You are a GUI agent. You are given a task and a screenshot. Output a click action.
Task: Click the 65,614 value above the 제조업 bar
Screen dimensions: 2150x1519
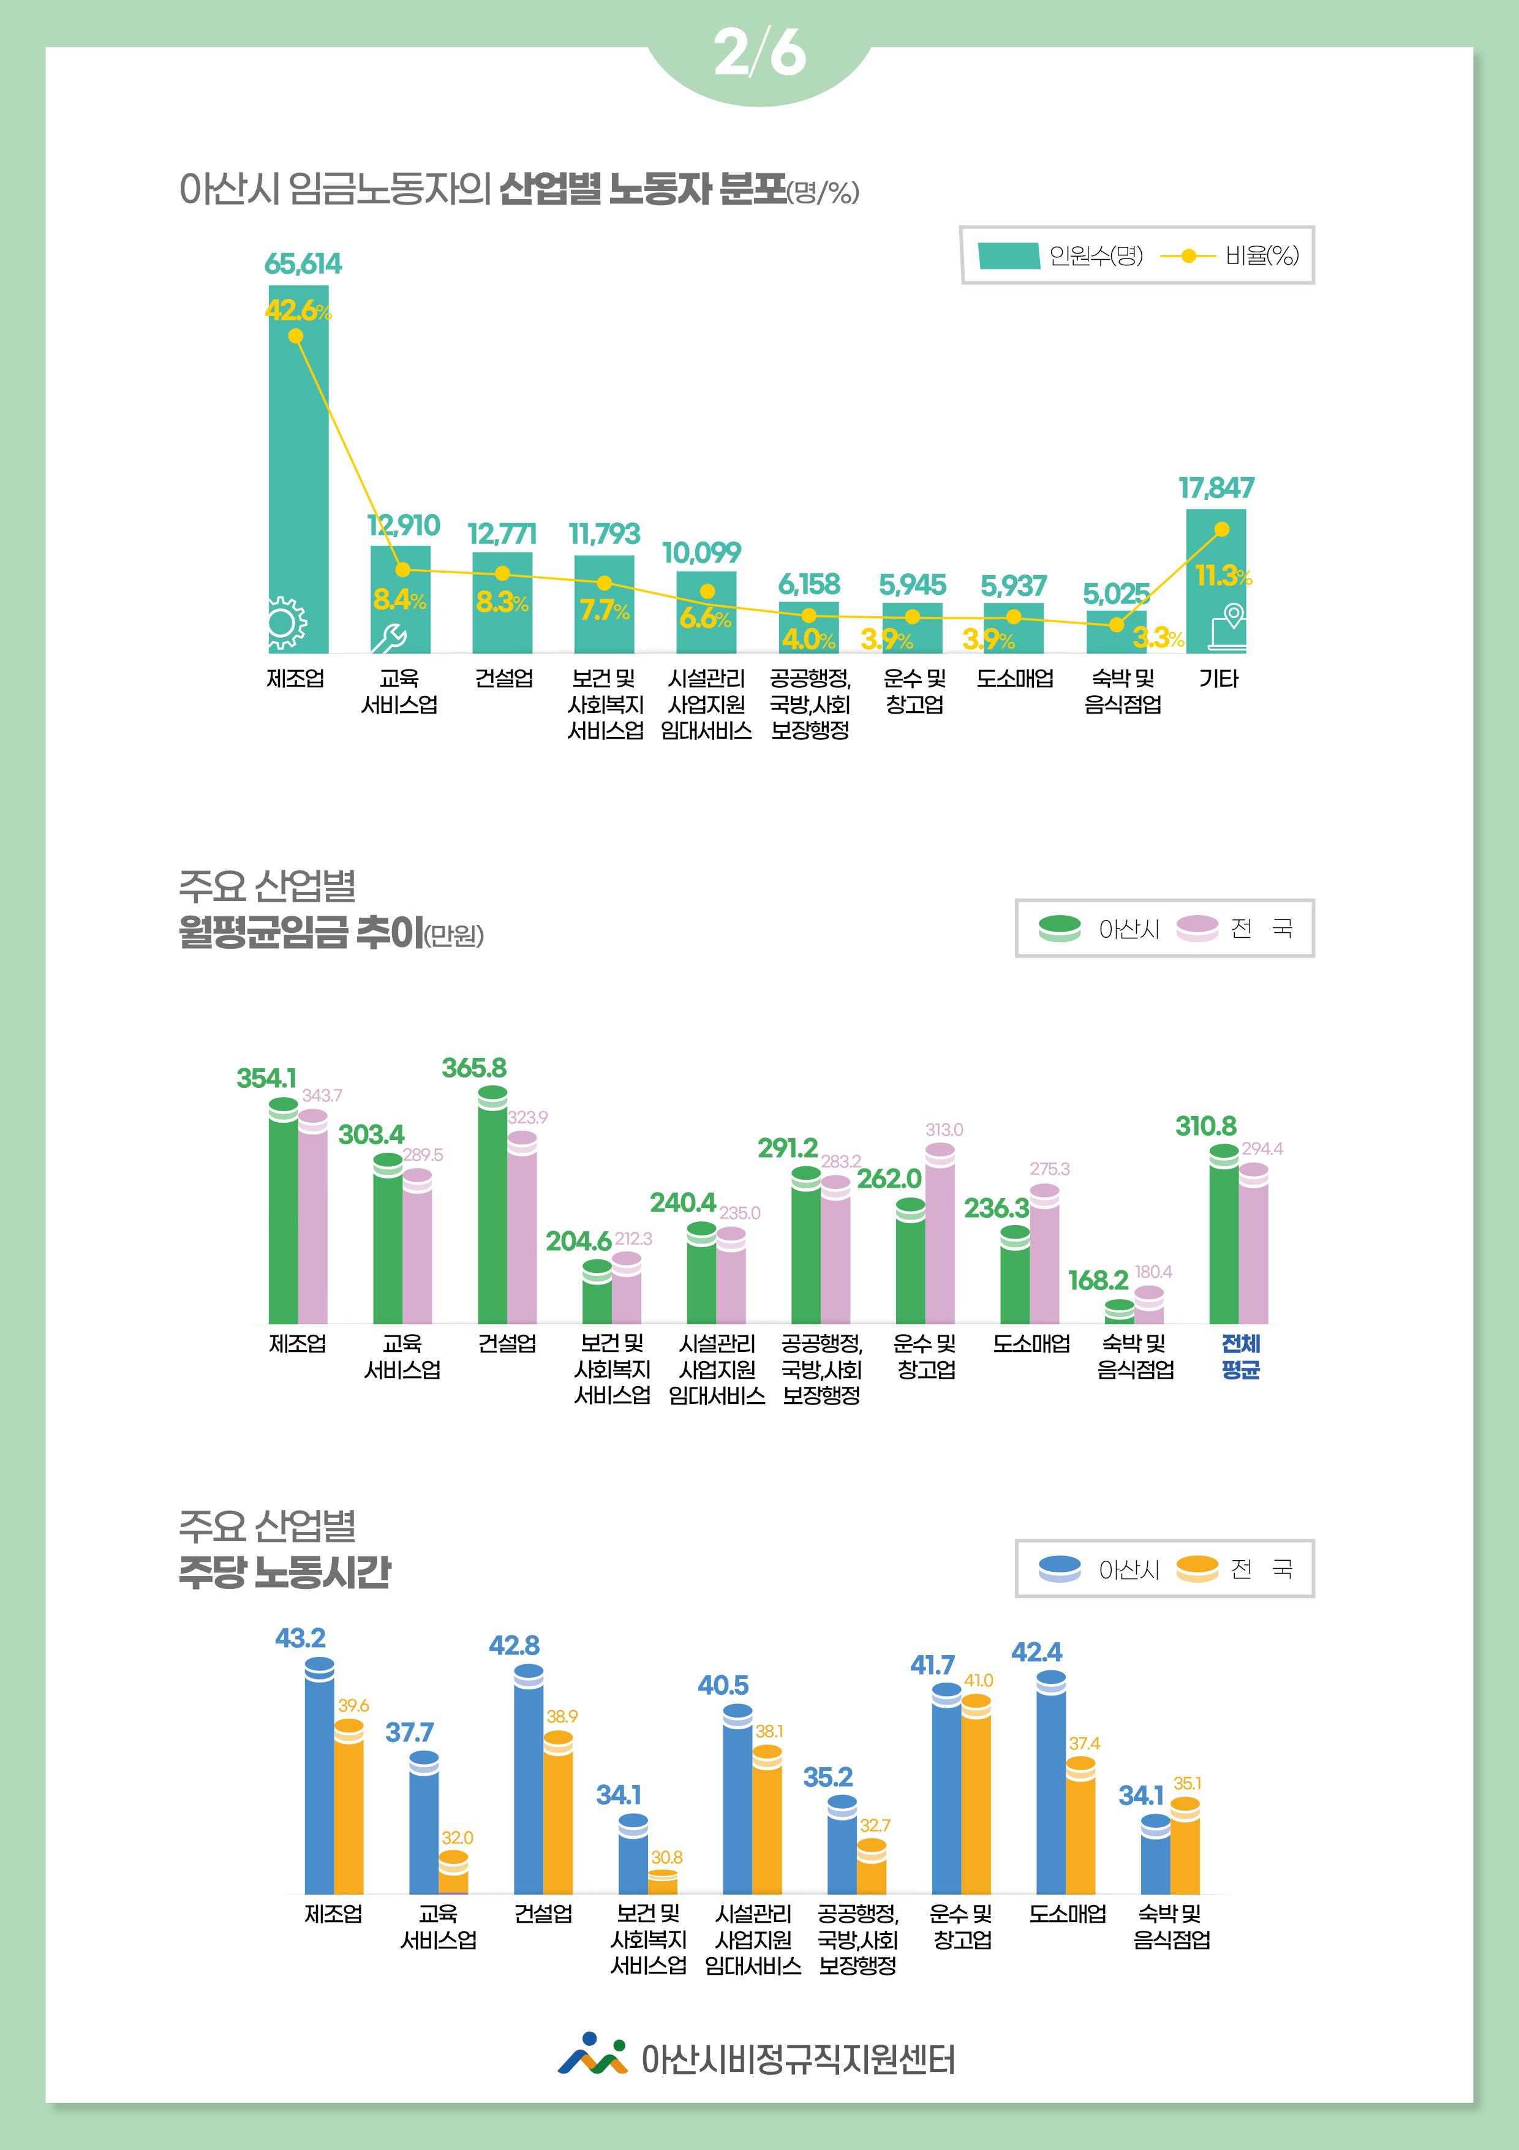coord(303,264)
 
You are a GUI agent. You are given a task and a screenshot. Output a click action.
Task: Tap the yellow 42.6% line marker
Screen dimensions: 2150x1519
coord(296,336)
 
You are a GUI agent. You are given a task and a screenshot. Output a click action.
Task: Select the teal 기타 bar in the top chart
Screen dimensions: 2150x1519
coord(1216,581)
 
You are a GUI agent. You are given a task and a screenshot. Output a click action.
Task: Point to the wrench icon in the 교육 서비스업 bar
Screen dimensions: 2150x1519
coord(388,638)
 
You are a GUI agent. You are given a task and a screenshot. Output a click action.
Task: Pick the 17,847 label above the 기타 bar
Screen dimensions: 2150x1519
coord(1216,488)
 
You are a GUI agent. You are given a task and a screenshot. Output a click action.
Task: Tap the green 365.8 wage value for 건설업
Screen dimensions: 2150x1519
coord(474,1068)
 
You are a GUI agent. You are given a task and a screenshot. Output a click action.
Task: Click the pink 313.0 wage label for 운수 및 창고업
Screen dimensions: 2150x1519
coord(944,1130)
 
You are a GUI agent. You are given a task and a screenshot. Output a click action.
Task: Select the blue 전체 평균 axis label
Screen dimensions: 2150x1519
coord(1241,1356)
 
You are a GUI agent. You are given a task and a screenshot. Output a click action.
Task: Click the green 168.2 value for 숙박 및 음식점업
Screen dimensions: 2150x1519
coord(1098,1280)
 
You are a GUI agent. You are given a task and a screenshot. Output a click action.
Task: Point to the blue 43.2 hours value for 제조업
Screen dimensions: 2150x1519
coord(300,1638)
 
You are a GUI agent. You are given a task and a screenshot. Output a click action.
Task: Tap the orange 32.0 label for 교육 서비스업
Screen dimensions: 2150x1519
coord(457,1838)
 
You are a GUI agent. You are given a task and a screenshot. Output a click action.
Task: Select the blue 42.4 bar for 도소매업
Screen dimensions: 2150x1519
coord(1051,1784)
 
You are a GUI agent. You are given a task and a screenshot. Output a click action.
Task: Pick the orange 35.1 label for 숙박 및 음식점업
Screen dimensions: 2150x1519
coord(1186,1784)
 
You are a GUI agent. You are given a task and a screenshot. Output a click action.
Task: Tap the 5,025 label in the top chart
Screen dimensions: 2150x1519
coord(1115,594)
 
